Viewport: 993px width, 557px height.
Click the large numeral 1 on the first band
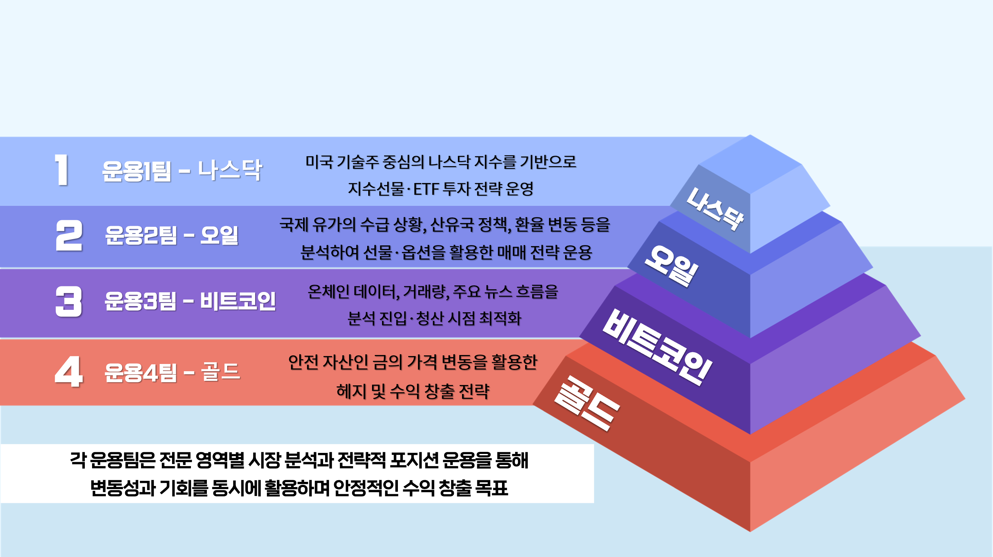[x=62, y=170]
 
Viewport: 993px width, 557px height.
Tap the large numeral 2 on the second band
[x=69, y=235]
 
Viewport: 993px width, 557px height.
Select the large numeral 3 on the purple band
[x=69, y=302]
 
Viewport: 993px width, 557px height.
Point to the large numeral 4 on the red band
[x=69, y=372]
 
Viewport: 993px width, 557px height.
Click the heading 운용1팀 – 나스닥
[x=182, y=170]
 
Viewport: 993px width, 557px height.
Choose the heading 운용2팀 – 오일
[x=172, y=235]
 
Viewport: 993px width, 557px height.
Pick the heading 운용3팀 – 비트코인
[x=190, y=301]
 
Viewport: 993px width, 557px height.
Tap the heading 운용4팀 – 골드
[x=173, y=373]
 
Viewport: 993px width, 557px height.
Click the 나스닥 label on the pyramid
[x=715, y=209]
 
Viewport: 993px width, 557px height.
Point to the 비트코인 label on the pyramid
[x=657, y=347]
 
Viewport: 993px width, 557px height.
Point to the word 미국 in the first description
[x=319, y=162]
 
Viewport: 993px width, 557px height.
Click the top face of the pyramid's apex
[x=750, y=164]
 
